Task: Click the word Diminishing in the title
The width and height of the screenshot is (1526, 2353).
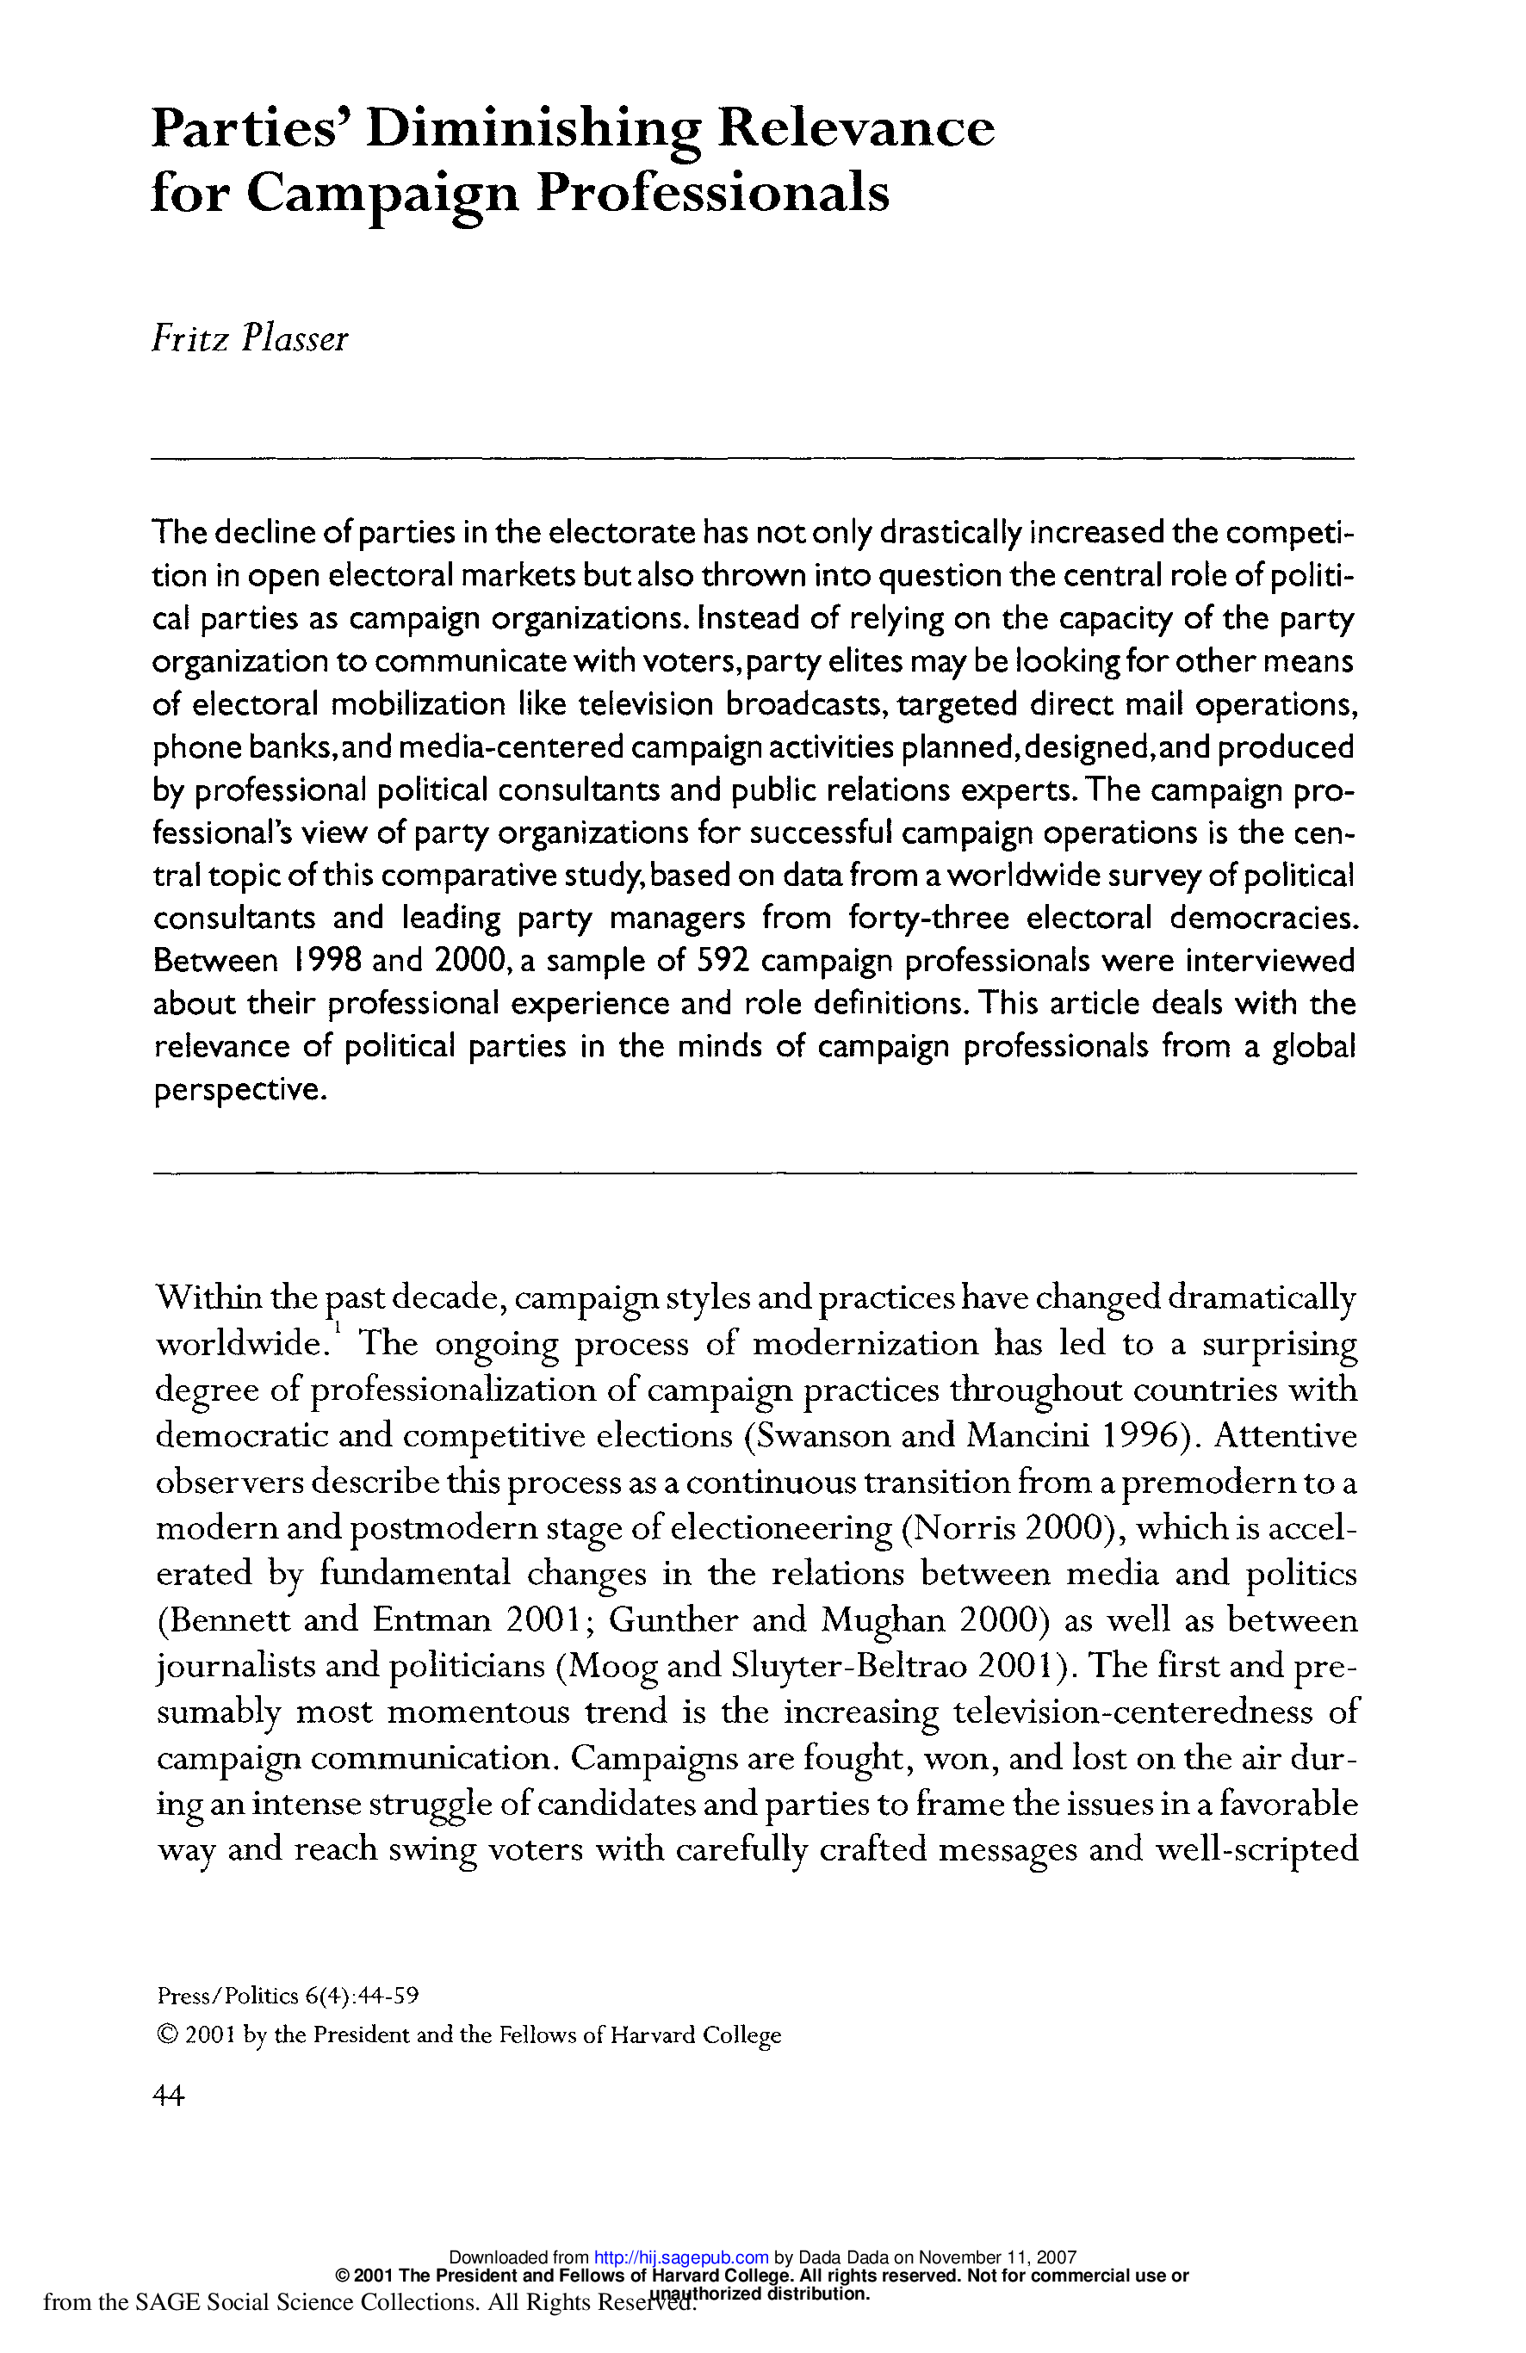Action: (533, 128)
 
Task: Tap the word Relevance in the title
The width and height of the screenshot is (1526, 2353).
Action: (855, 128)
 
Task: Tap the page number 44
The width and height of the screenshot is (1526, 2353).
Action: (168, 2095)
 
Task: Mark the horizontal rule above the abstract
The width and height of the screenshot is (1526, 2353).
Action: (752, 458)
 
